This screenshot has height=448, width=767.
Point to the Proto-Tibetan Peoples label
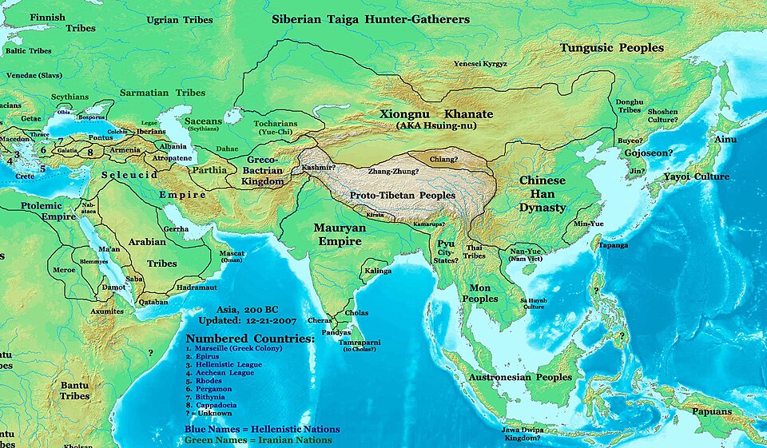403,195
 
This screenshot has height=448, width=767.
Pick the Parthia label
210,169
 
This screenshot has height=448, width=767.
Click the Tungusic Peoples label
611,48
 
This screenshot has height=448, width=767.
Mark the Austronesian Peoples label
520,377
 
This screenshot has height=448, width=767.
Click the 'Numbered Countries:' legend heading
249,339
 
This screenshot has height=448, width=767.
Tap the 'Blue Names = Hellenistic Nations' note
262,429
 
